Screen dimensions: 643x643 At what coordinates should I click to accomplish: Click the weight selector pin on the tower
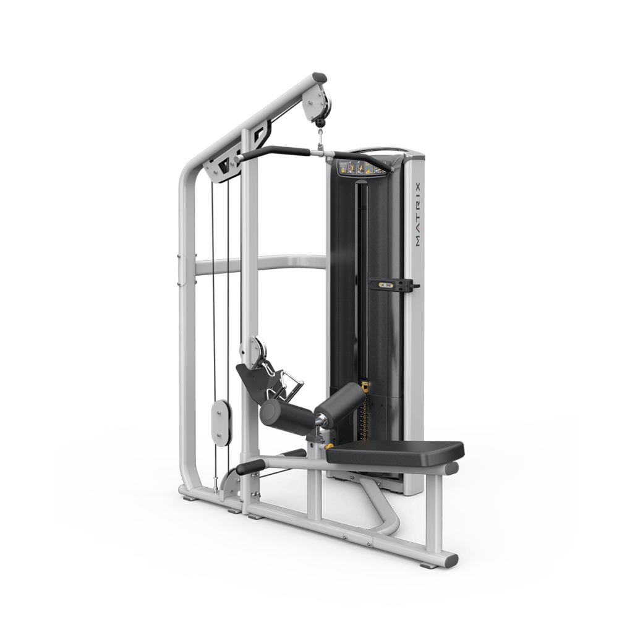click(394, 284)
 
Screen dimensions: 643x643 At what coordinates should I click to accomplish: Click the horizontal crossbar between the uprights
click(260, 265)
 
